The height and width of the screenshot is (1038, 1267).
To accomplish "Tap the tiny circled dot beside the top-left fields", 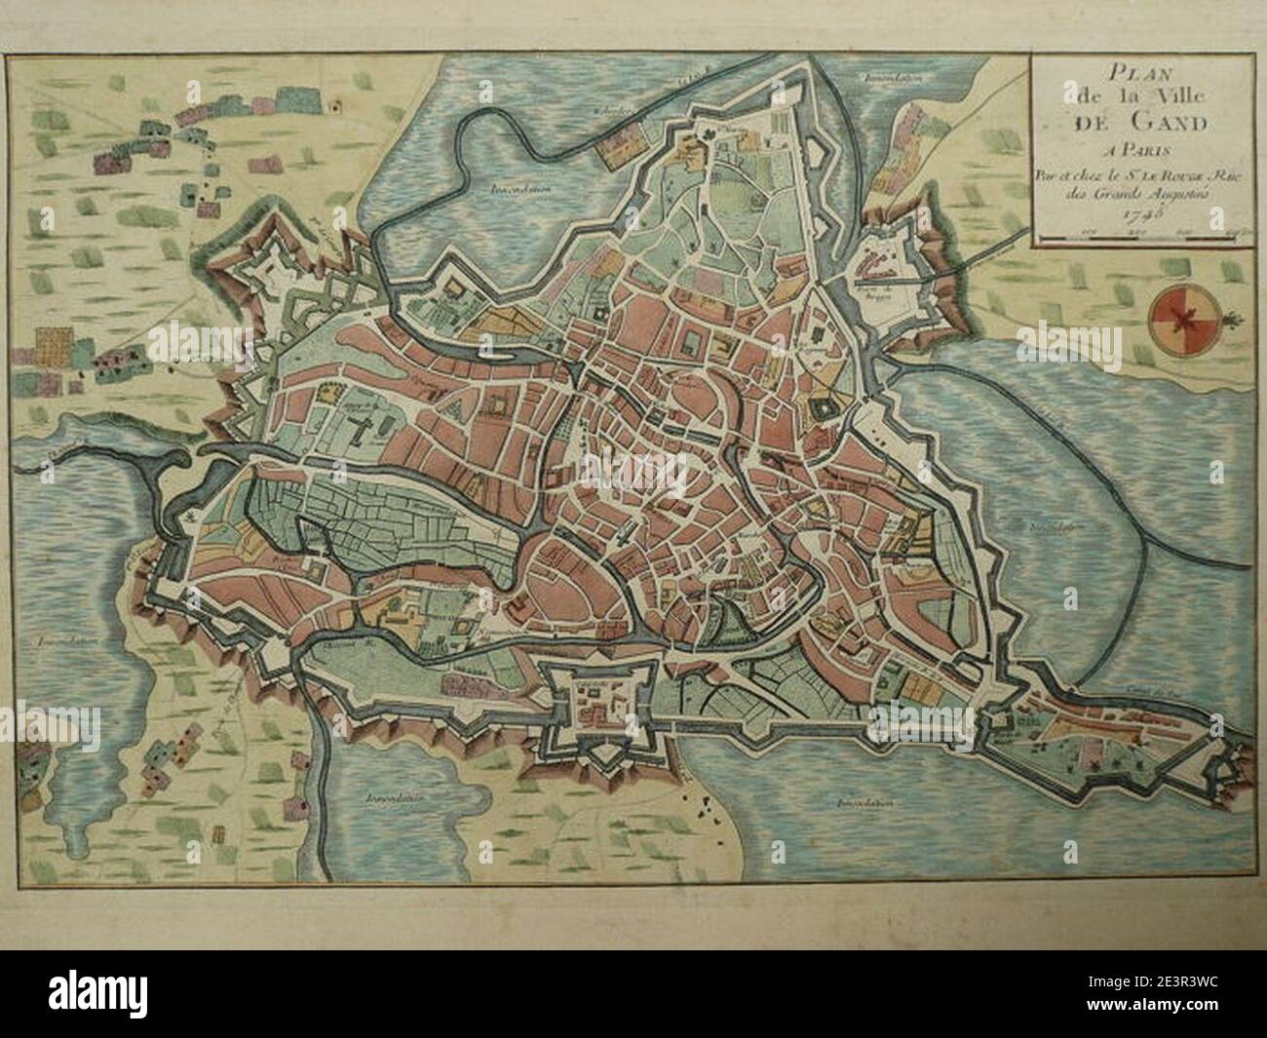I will pos(336,100).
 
